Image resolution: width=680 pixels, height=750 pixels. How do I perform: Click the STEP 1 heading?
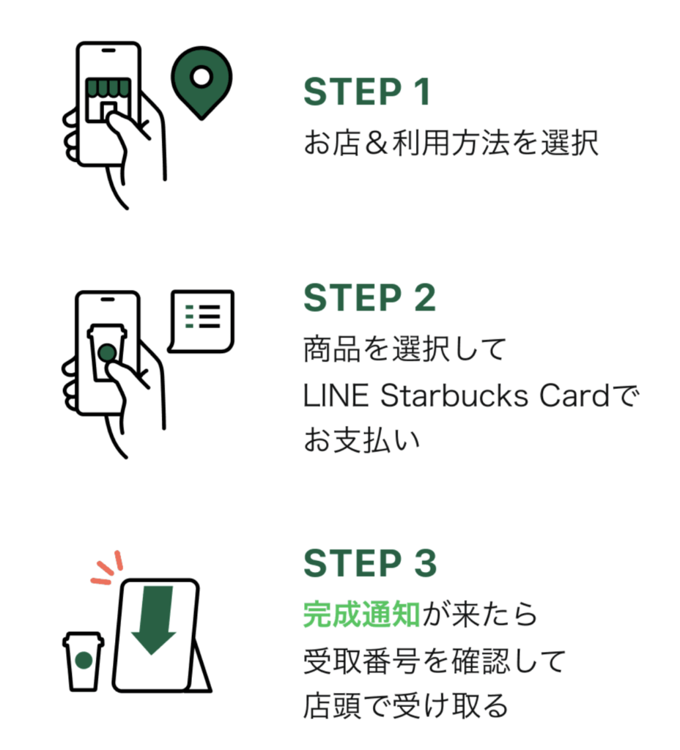(x=366, y=93)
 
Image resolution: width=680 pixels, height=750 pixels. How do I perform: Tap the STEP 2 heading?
(x=369, y=298)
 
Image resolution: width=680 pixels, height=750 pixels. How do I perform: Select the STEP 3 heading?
(x=369, y=562)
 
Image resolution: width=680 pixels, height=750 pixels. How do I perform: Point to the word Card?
(x=574, y=396)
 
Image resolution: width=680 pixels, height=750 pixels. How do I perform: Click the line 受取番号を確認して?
(x=435, y=661)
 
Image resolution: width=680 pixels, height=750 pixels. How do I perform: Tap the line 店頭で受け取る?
(x=405, y=705)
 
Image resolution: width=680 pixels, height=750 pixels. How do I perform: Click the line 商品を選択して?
(x=404, y=351)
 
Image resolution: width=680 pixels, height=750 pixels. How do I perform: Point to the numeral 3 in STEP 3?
(x=424, y=562)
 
